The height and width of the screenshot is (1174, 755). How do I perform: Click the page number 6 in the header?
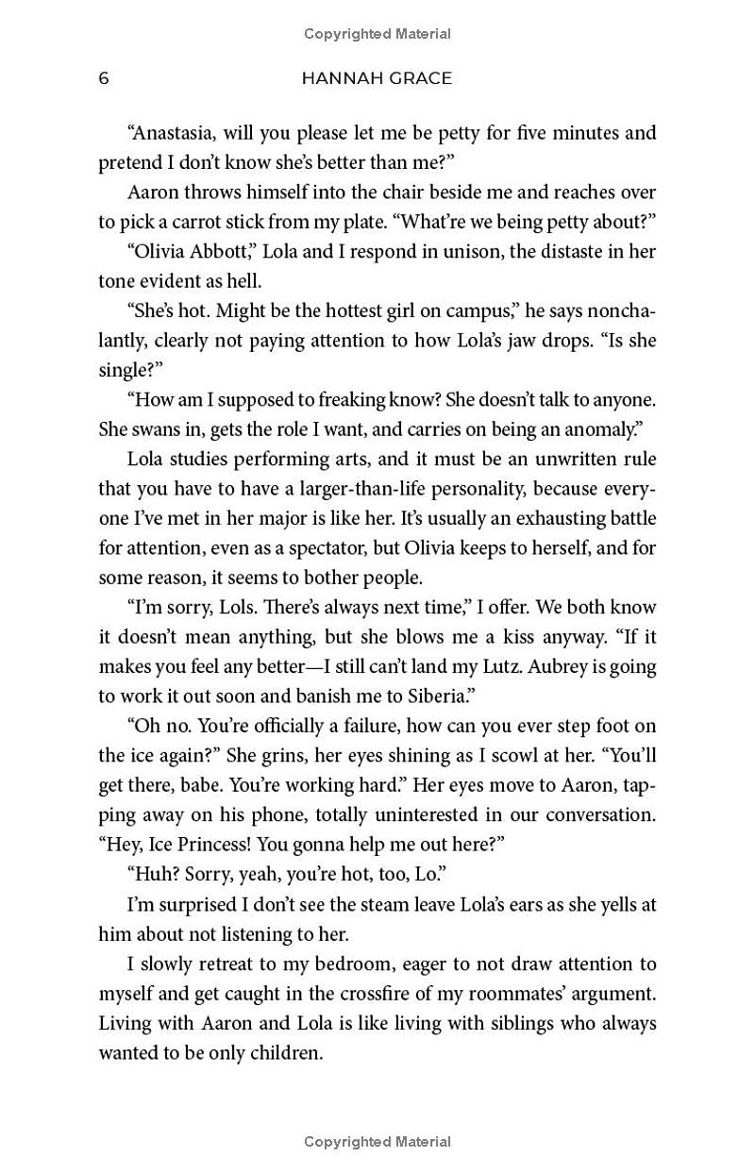[x=104, y=78]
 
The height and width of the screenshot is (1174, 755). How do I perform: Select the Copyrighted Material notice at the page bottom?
[x=377, y=1142]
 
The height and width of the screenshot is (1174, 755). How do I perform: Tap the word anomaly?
[x=596, y=429]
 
